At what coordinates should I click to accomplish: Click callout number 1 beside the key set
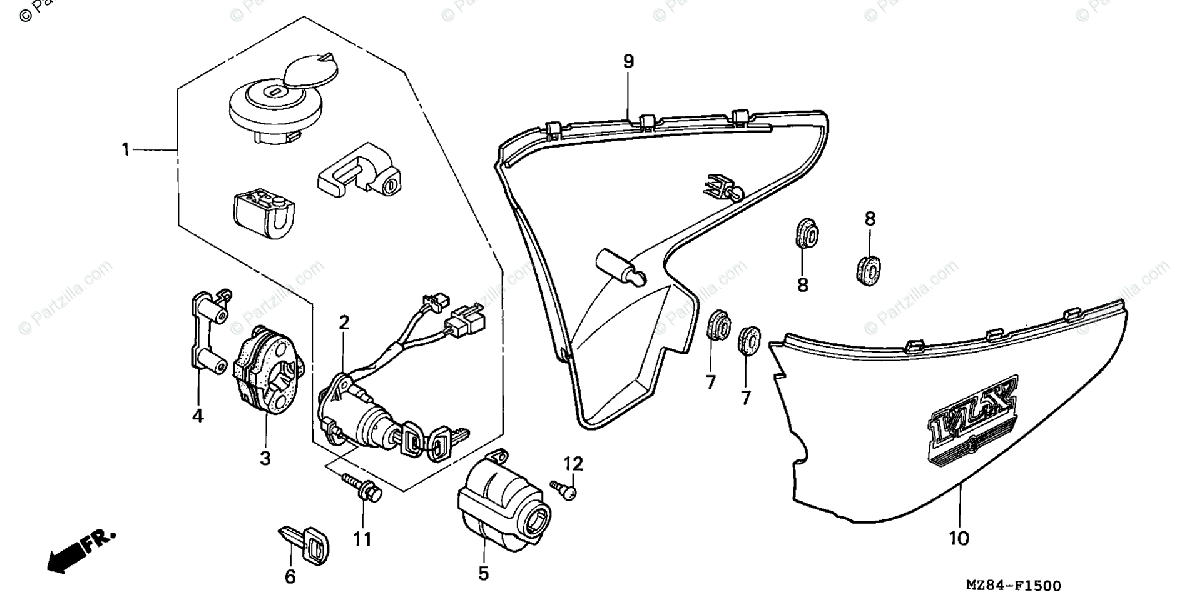[x=126, y=150]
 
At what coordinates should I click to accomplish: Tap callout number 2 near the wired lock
[x=344, y=322]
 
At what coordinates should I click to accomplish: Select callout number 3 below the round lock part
[x=266, y=458]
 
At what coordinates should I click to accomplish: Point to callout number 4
[x=198, y=416]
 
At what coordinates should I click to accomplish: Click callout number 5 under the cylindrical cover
[x=483, y=574]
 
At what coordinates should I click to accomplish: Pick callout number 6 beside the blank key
[x=291, y=576]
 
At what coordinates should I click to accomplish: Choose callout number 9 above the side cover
[x=629, y=62]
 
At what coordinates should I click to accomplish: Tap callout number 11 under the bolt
[x=362, y=540]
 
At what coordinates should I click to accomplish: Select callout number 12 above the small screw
[x=572, y=463]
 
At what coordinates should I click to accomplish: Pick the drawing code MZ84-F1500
[x=1013, y=586]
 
